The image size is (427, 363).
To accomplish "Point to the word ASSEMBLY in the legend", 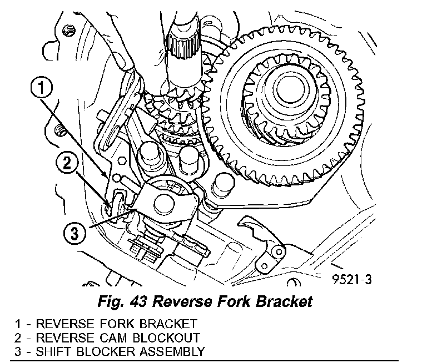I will click(178, 351).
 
